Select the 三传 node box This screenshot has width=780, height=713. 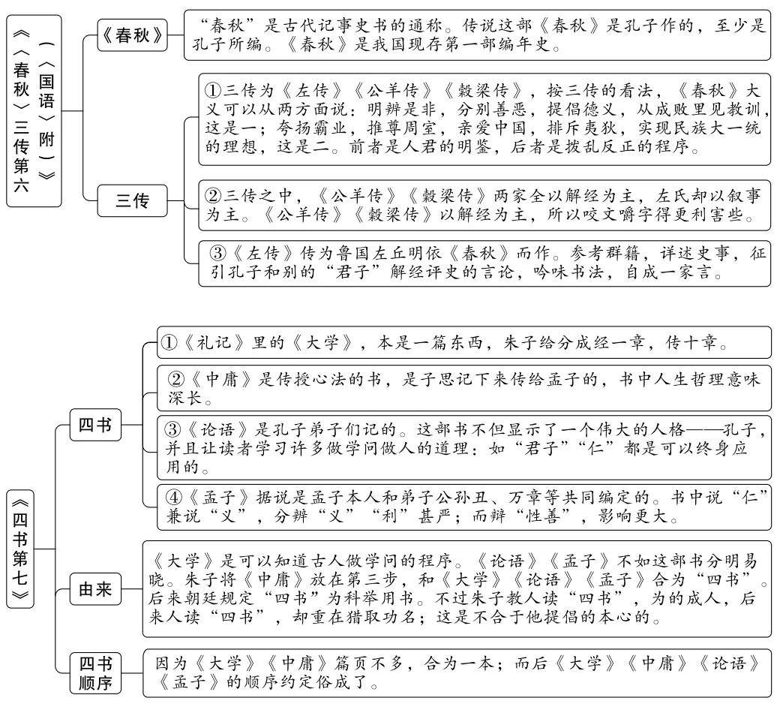pyautogui.click(x=132, y=201)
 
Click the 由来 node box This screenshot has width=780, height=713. pyautogui.click(x=95, y=591)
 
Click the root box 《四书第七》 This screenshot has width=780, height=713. pyautogui.click(x=21, y=549)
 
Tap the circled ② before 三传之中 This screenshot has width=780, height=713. pyautogui.click(x=212, y=197)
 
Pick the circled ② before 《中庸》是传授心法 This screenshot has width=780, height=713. pyautogui.click(x=175, y=379)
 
